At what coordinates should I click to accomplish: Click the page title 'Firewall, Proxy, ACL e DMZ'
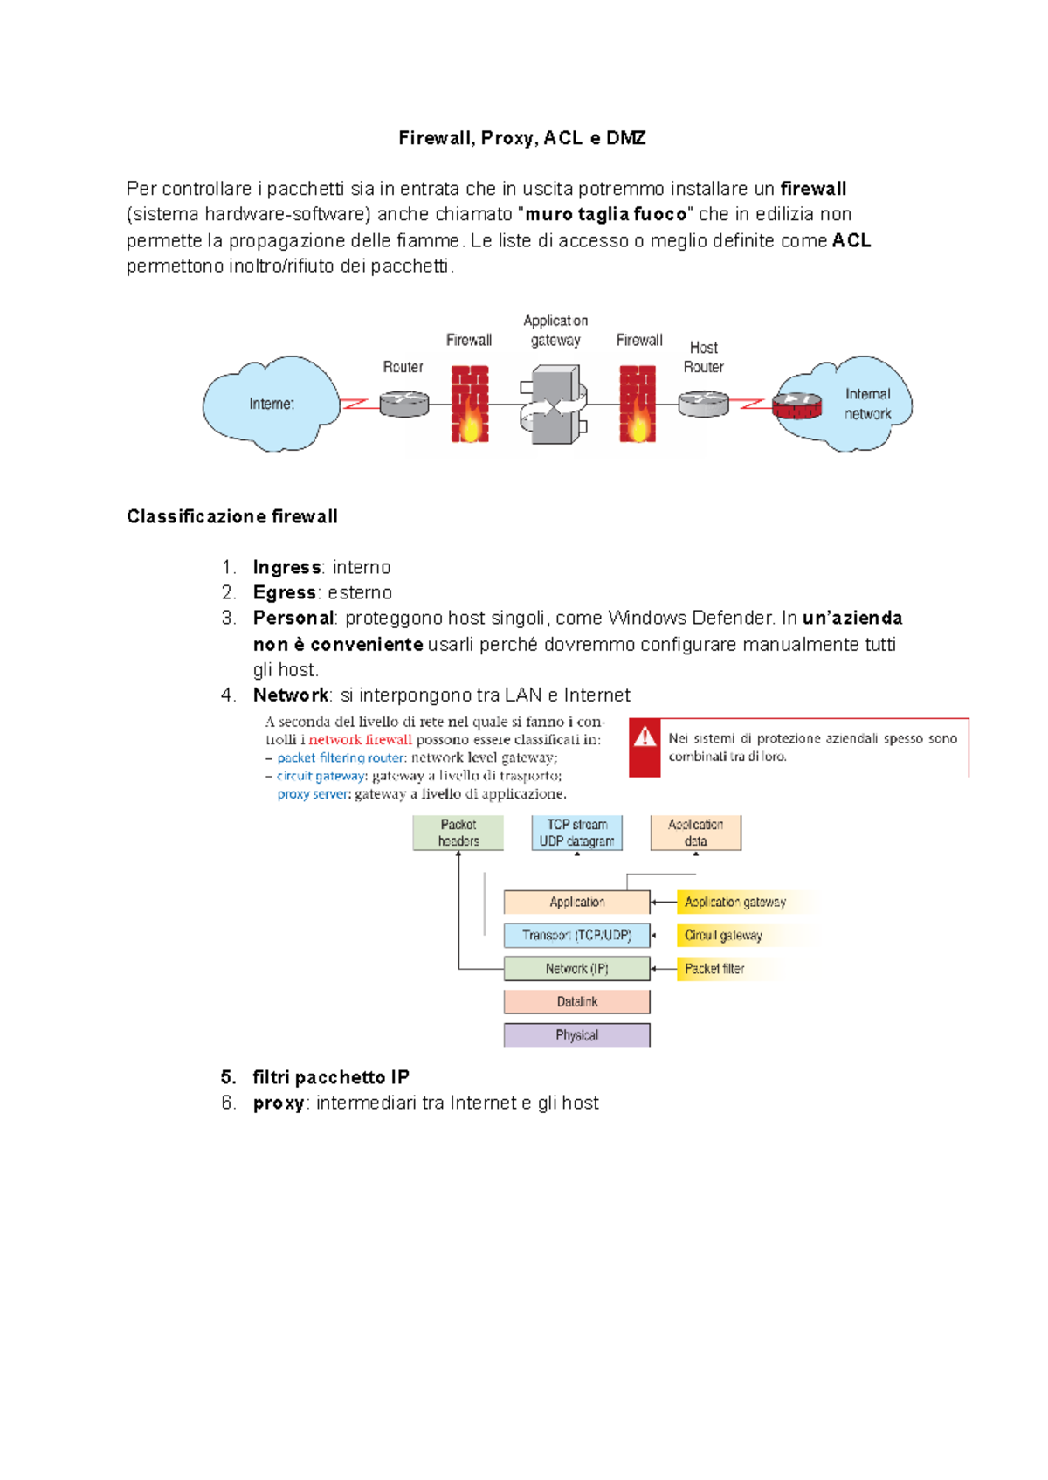[x=522, y=138]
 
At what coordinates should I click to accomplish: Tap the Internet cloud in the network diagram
[x=271, y=404]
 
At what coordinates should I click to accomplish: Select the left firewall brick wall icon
[x=469, y=404]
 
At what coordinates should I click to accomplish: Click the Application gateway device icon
[x=554, y=405]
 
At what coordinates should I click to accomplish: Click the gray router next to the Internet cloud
[x=403, y=404]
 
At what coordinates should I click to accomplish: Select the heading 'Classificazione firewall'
[x=232, y=516]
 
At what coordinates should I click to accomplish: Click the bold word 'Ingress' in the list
[x=286, y=567]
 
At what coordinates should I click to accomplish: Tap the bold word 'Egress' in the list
[x=284, y=592]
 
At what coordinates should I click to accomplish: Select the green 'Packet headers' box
[x=458, y=833]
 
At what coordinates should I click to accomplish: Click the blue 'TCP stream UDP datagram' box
[x=576, y=833]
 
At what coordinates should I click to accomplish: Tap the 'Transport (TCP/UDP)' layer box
[x=576, y=935]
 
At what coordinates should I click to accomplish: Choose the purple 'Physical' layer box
[x=576, y=1035]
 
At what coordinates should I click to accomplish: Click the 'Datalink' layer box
[x=576, y=1002]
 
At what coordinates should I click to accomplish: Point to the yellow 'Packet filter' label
[x=714, y=969]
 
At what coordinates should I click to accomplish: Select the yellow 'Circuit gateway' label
[x=723, y=935]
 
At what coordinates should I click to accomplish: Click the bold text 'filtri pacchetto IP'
[x=331, y=1077]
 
